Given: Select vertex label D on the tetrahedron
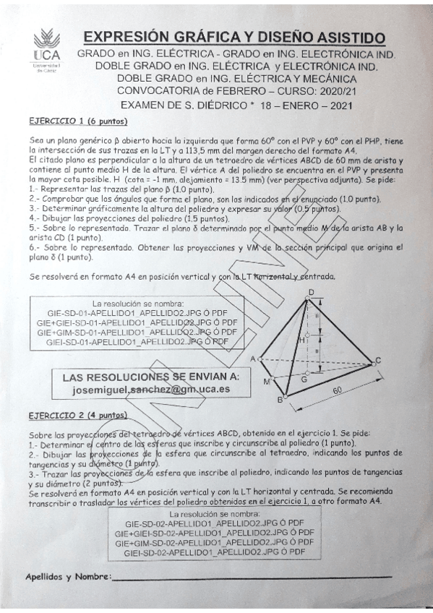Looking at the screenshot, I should (x=310, y=292).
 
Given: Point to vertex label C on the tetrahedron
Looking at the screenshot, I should (x=377, y=361).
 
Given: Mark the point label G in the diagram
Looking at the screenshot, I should (x=304, y=379).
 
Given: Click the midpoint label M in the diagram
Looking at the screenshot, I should (x=267, y=382).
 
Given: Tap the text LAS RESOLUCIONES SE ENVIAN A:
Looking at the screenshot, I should (x=151, y=377).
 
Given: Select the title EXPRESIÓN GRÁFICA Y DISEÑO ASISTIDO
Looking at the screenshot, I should (x=234, y=38).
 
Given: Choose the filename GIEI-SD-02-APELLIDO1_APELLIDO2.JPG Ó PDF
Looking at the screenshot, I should (x=213, y=552).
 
